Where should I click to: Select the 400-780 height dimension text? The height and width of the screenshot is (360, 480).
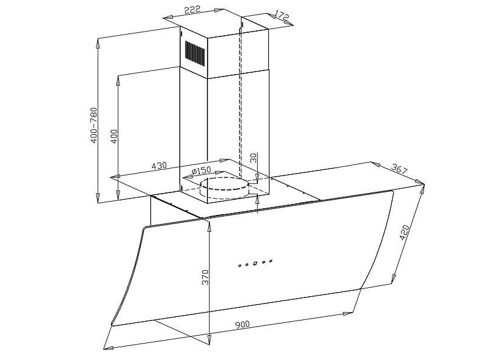point(94,125)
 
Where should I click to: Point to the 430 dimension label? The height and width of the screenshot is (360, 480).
point(159,166)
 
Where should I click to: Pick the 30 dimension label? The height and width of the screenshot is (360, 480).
point(254,158)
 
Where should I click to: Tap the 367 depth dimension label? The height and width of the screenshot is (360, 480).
point(400,169)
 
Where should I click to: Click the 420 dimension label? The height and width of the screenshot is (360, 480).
point(404,233)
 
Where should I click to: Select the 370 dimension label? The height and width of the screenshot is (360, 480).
point(205,277)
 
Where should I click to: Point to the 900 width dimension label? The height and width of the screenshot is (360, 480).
point(243,324)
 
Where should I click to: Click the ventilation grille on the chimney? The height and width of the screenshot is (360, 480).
point(195,53)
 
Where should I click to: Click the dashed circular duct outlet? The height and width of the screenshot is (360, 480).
point(224,188)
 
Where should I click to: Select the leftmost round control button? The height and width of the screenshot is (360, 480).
point(240,266)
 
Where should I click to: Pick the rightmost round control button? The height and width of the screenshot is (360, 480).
point(271,261)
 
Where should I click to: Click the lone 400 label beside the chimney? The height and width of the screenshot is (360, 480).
point(114,137)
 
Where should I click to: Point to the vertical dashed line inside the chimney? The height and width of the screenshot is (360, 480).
point(241,103)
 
